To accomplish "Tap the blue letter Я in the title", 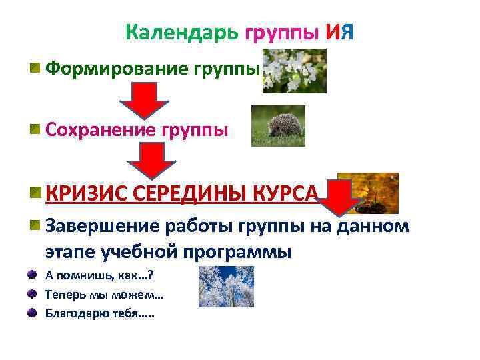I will point(347,32).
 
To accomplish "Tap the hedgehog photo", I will point(277,125).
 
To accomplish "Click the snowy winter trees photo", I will point(225,287).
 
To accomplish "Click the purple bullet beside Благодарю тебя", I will point(32,312).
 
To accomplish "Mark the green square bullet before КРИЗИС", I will point(33,193).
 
